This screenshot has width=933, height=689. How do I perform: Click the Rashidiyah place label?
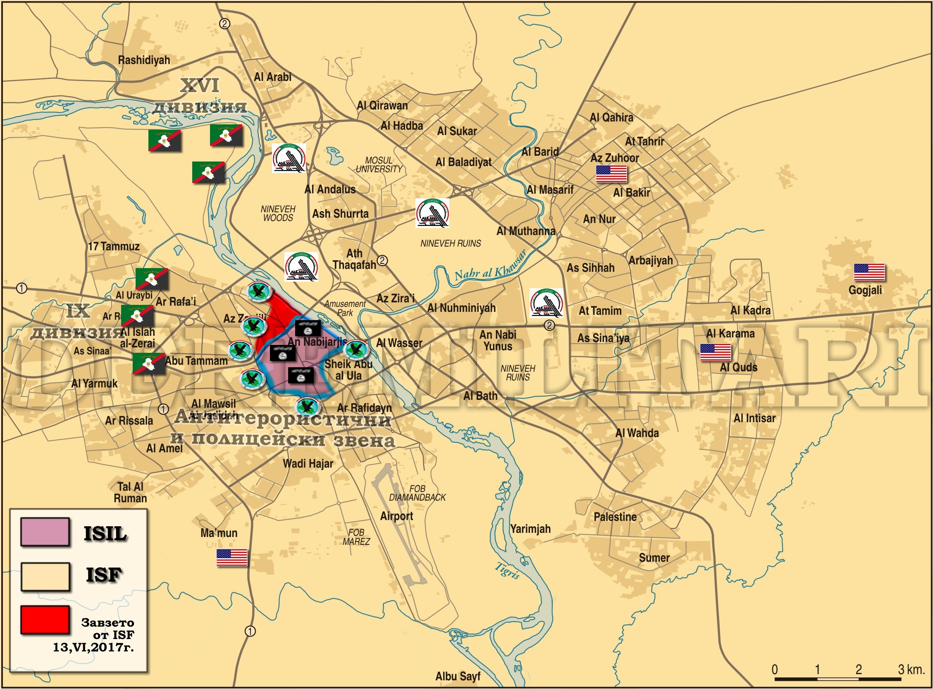[144, 60]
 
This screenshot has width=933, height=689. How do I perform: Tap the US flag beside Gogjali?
[869, 273]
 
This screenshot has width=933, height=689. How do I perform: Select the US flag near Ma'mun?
[231, 558]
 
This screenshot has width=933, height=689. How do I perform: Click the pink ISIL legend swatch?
[45, 532]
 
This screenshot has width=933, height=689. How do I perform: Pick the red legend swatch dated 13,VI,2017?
[45, 620]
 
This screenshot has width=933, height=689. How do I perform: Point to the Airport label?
[396, 516]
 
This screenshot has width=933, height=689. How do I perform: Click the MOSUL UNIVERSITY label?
[379, 165]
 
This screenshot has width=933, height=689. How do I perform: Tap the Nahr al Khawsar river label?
[490, 267]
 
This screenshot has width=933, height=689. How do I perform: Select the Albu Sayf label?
[458, 676]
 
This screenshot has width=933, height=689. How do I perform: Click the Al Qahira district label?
[611, 118]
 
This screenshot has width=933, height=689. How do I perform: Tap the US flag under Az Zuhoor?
[611, 174]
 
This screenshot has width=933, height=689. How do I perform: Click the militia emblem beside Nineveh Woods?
[289, 158]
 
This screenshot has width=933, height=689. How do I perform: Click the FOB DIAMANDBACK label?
[417, 493]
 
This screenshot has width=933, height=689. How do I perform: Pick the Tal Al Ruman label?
[130, 492]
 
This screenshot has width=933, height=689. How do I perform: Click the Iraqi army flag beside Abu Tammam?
[148, 363]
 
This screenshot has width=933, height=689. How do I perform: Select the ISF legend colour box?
[45, 577]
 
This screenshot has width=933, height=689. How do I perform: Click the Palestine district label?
[615, 517]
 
